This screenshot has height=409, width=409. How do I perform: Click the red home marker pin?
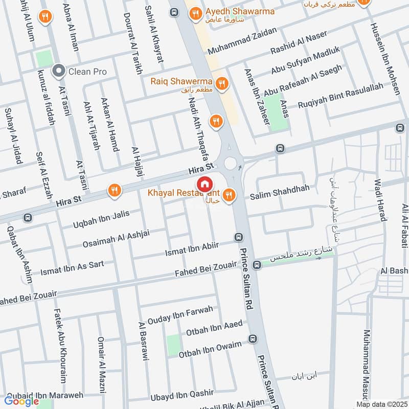204,184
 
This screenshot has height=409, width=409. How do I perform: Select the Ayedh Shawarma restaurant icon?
195,16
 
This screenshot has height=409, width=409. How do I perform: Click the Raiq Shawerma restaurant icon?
221,84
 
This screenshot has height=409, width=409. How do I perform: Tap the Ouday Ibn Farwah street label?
179,315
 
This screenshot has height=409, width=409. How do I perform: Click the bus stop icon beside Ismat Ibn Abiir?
238,237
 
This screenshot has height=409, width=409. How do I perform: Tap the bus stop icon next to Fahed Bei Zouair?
257,264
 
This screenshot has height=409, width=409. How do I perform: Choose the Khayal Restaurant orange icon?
230,194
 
